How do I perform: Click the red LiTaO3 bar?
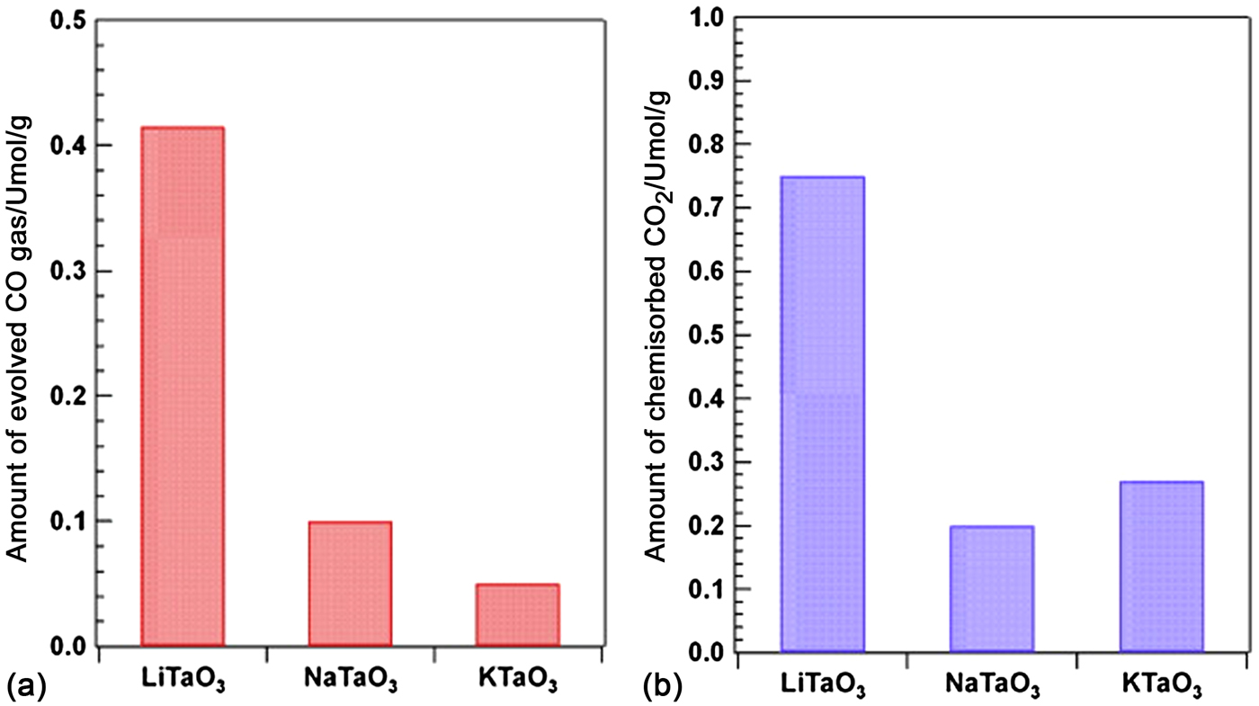183,387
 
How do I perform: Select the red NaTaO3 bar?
350,584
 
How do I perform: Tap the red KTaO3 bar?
517,615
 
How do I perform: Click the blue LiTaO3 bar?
823,414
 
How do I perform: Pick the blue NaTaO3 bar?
992,589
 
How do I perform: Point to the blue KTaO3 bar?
1161,567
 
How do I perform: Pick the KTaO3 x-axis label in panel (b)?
1161,686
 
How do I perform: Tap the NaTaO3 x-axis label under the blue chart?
992,686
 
